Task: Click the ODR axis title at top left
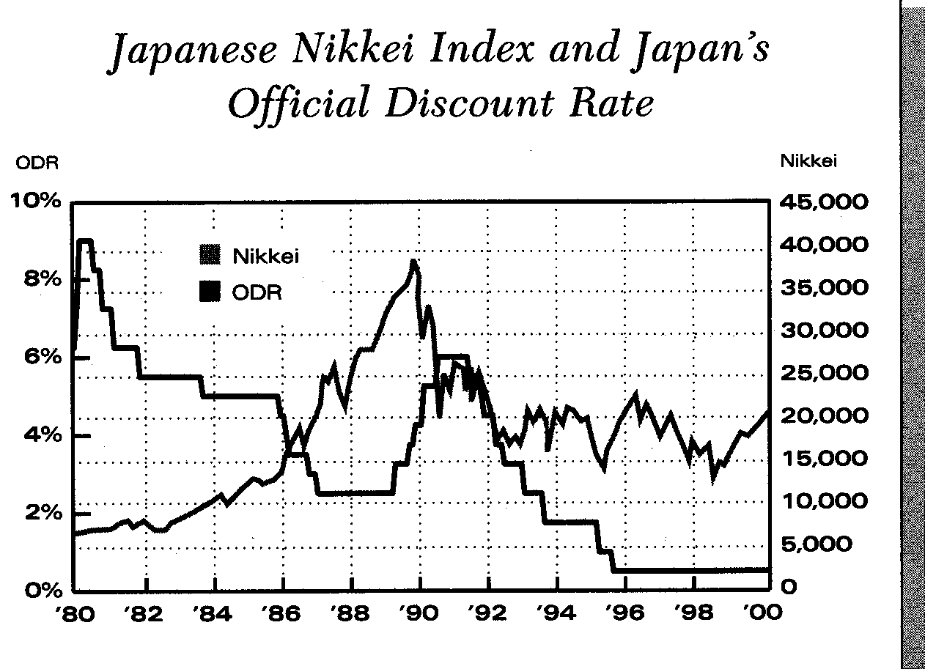coord(32,163)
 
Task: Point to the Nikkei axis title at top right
coord(808,161)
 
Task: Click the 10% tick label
coord(35,202)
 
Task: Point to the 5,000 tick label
coord(824,544)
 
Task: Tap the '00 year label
coord(762,613)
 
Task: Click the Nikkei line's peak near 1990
coord(414,262)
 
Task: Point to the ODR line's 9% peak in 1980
coord(84,240)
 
